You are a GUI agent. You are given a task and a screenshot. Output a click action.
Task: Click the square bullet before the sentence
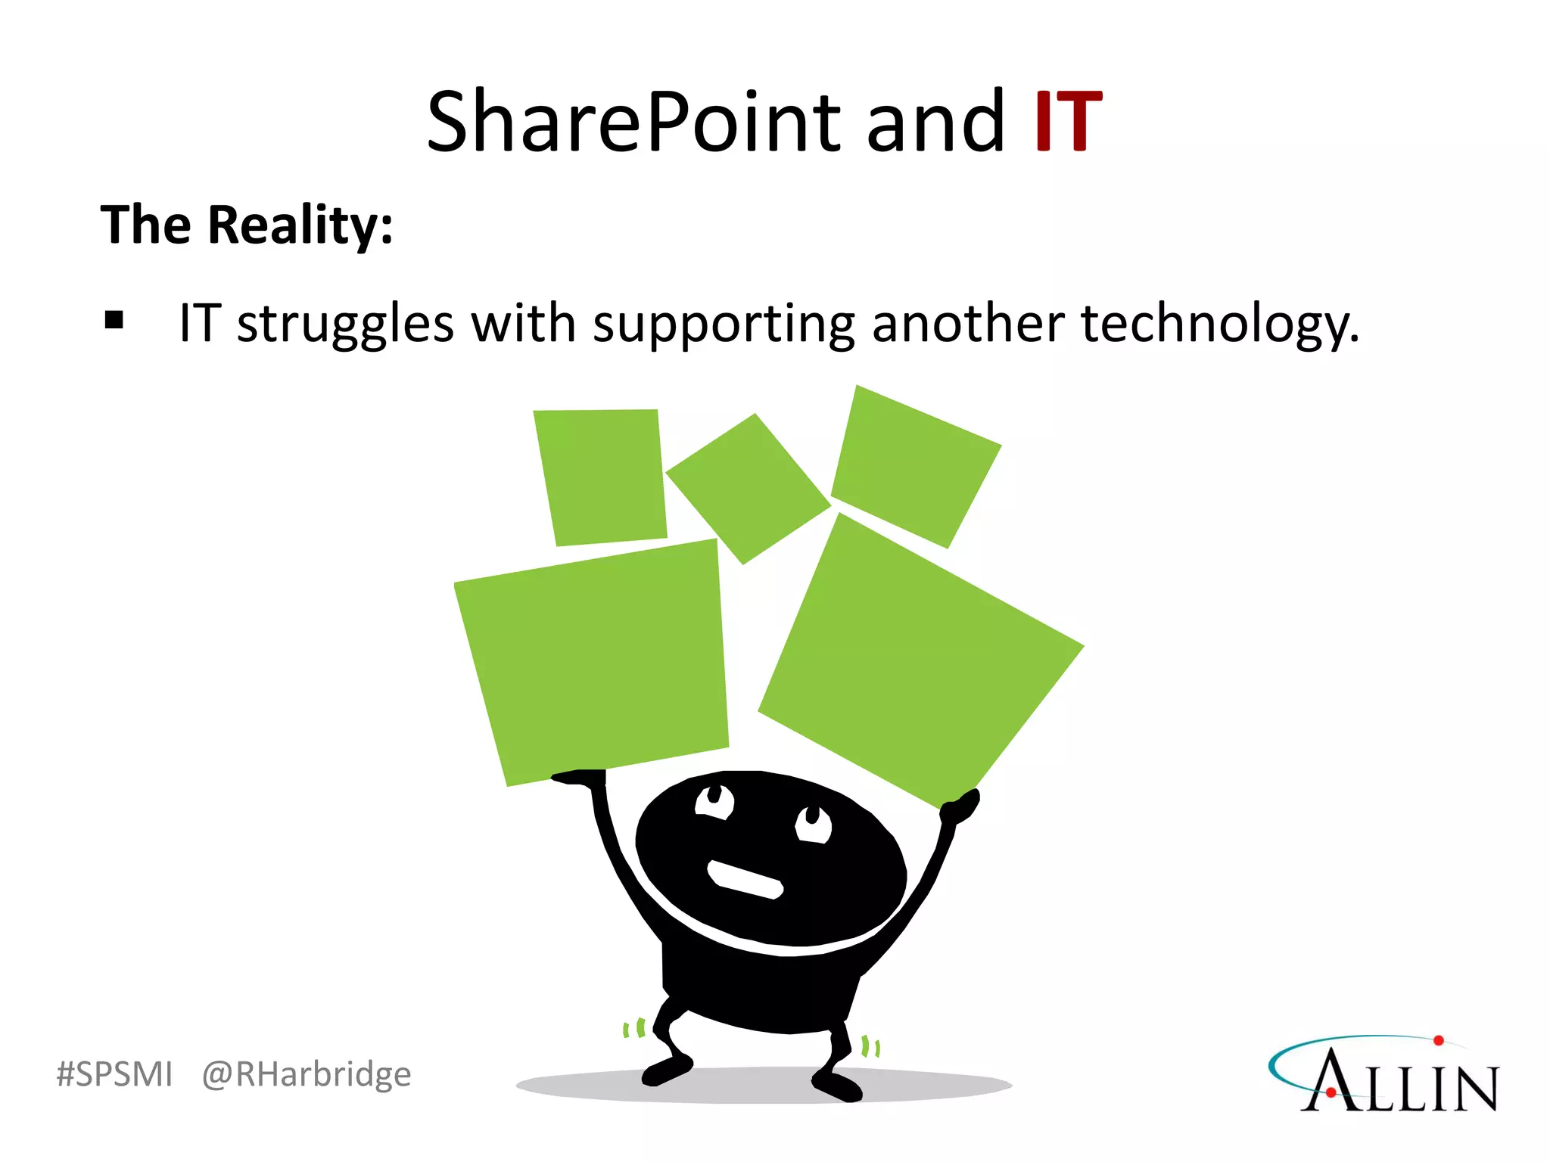coord(114,320)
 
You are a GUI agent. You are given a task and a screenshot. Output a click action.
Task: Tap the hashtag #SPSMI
coord(114,1074)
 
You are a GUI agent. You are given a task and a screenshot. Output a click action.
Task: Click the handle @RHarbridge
coord(307,1074)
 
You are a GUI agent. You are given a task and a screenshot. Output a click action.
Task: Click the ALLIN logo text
coord(1400,1082)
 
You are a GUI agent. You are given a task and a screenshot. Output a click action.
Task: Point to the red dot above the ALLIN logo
coord(1439,1041)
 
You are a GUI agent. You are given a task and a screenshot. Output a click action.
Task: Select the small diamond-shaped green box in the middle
coord(748,489)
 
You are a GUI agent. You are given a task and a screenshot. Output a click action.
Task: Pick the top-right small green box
coord(915,466)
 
